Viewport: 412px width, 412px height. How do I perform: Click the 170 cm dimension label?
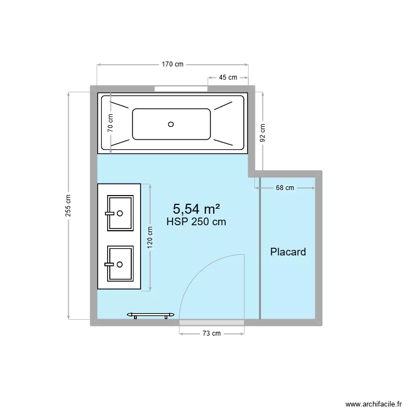coord(172,64)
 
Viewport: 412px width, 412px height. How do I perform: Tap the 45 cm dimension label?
coord(228,77)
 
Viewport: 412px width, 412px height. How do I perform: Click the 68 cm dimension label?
coord(285,188)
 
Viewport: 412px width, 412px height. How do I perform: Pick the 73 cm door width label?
coord(211,333)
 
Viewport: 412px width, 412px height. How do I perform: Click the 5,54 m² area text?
coord(197,209)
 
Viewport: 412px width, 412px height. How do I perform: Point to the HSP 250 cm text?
coord(196,222)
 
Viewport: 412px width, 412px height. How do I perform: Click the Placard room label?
coord(288,252)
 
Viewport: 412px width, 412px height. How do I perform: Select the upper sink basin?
coord(120,213)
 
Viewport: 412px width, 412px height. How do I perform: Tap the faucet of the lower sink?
coord(112,264)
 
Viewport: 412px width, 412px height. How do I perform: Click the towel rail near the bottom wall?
coord(151,315)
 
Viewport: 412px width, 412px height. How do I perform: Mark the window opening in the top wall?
coord(181,88)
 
